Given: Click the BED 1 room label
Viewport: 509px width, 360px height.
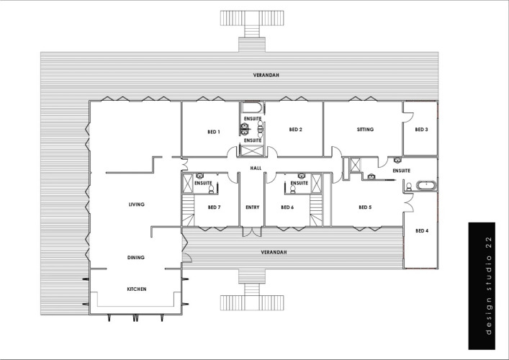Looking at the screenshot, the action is (x=214, y=132).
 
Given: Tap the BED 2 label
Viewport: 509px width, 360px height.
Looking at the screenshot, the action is (x=295, y=130).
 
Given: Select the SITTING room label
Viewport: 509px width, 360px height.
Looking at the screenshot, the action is (x=365, y=129).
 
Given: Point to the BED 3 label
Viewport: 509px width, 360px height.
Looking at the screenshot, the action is (x=421, y=130).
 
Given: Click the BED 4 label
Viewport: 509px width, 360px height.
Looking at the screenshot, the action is (x=422, y=231).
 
